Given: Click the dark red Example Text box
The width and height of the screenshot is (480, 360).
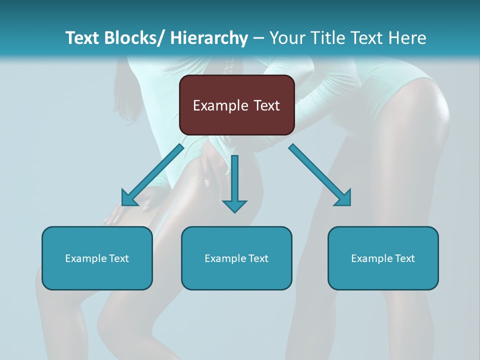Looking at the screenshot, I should (x=236, y=105).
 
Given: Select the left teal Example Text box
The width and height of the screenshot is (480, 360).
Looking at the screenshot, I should (x=97, y=258).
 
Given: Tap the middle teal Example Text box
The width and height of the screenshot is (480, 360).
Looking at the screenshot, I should (x=236, y=258).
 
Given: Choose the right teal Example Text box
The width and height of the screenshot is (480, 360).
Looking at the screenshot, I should (x=383, y=258).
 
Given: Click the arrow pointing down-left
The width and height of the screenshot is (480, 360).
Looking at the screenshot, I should (x=152, y=175).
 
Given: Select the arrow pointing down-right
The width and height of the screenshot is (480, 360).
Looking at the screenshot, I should (x=320, y=175).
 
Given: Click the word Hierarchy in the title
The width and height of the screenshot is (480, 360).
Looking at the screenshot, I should (x=209, y=38).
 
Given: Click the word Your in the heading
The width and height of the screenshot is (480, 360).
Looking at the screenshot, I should (x=286, y=38).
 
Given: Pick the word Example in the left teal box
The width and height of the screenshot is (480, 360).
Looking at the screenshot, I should (x=85, y=258).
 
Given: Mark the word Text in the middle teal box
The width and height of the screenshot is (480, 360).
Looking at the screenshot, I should (x=257, y=258).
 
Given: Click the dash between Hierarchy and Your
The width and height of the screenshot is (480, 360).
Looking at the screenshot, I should (x=258, y=38).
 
